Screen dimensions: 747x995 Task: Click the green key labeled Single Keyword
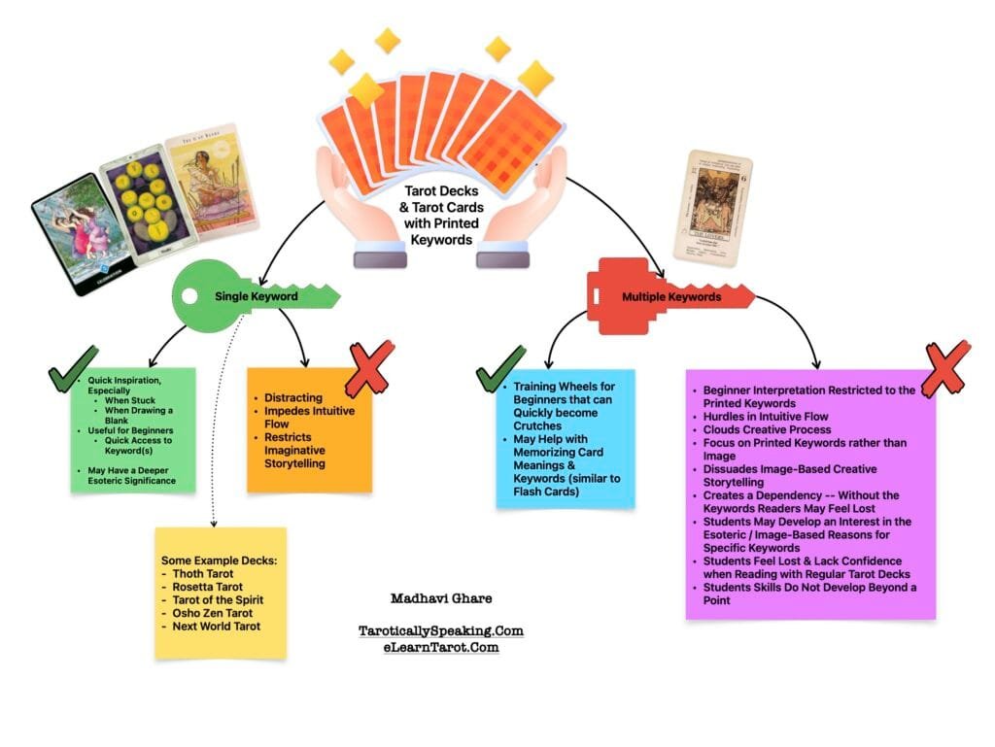(x=255, y=295)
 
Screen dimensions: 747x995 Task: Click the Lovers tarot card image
(x=713, y=207)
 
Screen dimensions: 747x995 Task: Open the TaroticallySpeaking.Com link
(x=440, y=630)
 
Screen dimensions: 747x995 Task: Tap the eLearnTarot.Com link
(x=440, y=647)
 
